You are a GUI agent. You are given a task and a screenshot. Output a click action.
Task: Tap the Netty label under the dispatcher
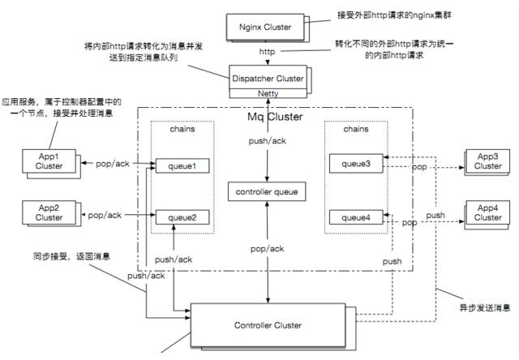tap(267, 95)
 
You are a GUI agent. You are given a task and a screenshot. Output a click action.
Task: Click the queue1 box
tap(182, 165)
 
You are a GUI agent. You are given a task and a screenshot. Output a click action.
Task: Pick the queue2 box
tap(182, 216)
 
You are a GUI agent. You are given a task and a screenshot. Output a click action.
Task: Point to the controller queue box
tap(267, 191)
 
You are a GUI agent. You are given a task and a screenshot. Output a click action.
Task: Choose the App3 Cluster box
tap(487, 161)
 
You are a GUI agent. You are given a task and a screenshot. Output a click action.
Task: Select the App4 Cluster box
tap(487, 212)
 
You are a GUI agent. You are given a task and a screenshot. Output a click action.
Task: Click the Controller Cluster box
tap(267, 325)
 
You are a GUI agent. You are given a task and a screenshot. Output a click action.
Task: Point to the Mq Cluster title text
tap(274, 118)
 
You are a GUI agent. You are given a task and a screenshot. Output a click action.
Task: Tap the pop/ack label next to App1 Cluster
tap(104, 165)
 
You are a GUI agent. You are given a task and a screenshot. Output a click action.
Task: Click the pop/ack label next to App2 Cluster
tap(104, 215)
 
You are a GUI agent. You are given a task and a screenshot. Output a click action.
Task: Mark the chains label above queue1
tap(182, 130)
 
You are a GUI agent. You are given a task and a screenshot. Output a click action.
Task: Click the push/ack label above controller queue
tap(267, 142)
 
